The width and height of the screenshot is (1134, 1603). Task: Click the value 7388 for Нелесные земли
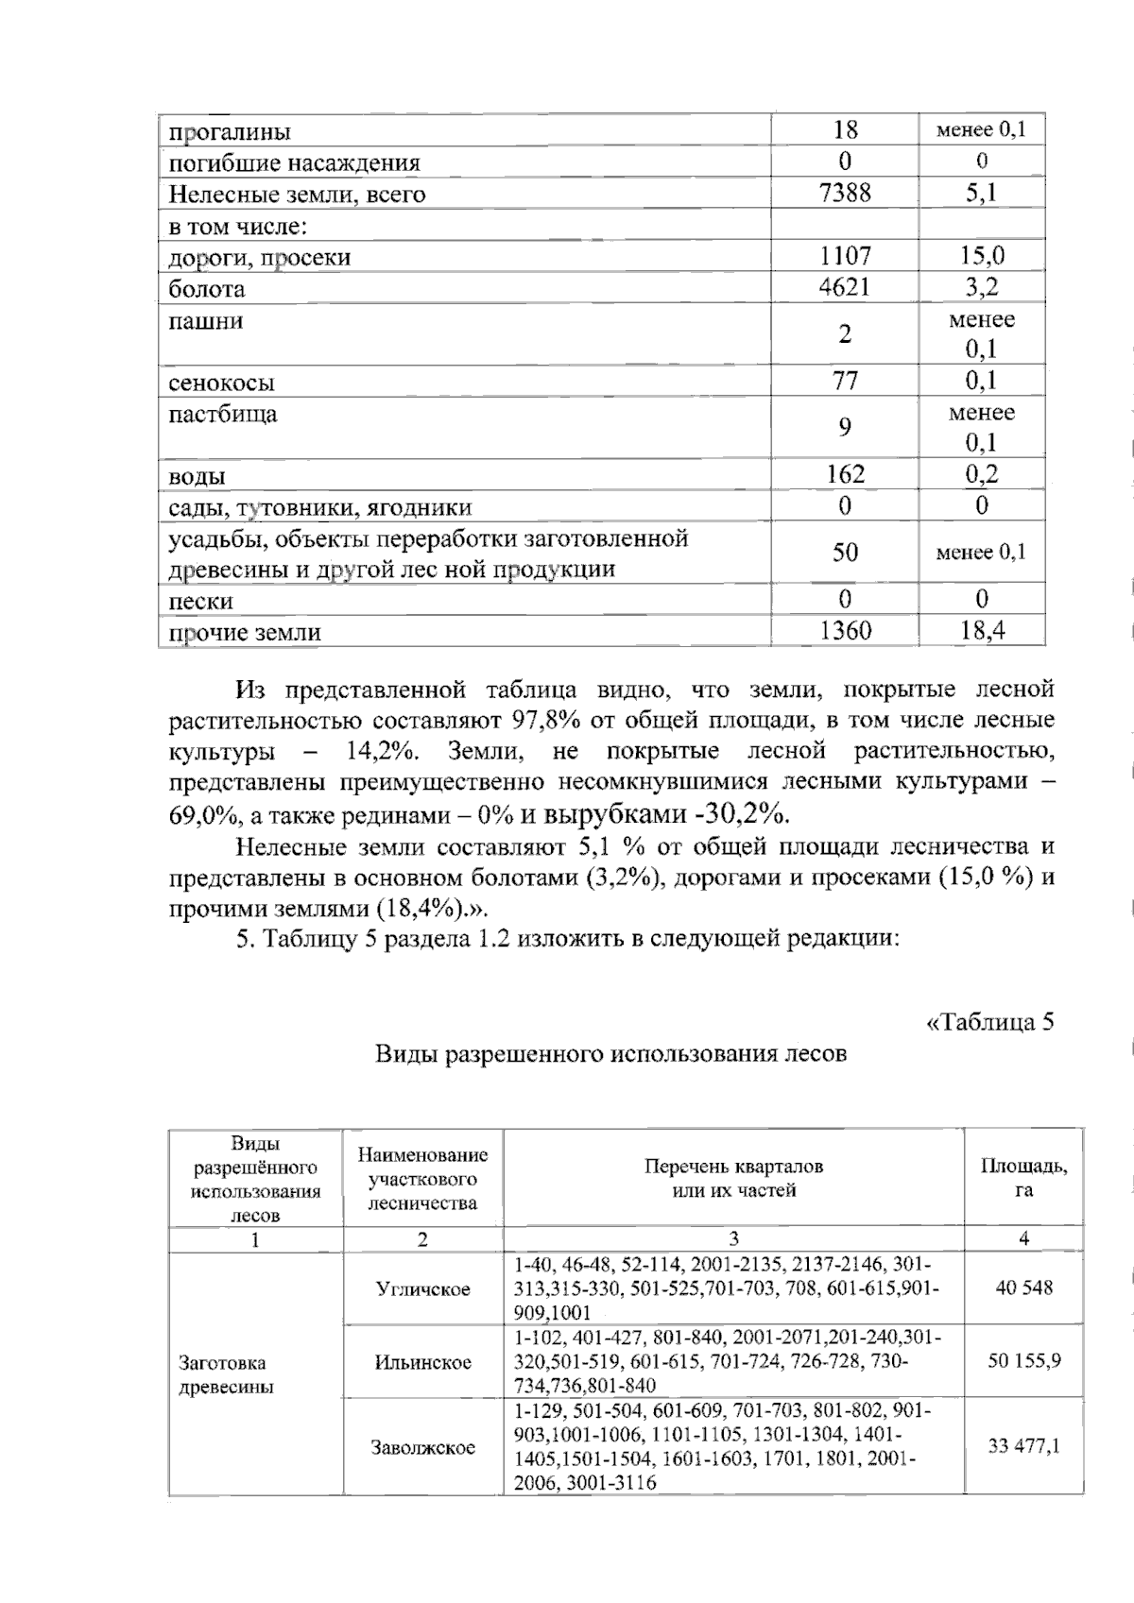(845, 194)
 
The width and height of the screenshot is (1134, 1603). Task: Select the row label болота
(206, 289)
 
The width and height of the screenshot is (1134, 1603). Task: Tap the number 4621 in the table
(845, 287)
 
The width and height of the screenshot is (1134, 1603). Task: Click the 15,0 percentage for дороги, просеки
(982, 256)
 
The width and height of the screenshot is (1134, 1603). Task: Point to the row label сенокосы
(221, 383)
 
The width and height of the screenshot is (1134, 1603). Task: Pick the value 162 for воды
(845, 474)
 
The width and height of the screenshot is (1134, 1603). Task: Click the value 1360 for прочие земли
(845, 630)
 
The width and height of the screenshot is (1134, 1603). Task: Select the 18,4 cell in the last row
(982, 630)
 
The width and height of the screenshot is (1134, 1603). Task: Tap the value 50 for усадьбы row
(845, 553)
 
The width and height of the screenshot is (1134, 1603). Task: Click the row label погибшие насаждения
(294, 162)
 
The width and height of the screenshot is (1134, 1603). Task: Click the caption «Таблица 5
(988, 1022)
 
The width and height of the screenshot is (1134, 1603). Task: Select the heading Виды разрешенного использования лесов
(610, 1053)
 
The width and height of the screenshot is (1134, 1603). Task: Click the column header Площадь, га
(1023, 1178)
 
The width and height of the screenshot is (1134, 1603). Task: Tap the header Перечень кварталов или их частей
(733, 1178)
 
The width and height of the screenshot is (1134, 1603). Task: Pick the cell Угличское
(422, 1289)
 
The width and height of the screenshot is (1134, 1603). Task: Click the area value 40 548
(1023, 1288)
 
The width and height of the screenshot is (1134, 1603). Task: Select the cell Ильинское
(422, 1362)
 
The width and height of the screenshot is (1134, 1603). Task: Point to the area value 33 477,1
(1023, 1446)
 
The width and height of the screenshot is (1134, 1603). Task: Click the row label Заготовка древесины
(226, 1374)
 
